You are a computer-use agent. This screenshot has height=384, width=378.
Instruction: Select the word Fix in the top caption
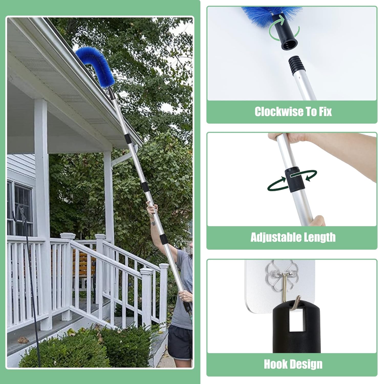tap(325, 112)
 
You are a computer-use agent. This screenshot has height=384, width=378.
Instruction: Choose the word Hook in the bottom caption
tap(276, 364)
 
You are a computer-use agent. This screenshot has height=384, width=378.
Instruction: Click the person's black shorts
tap(180, 342)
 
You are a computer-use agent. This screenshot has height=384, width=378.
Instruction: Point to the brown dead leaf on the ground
tap(23, 339)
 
